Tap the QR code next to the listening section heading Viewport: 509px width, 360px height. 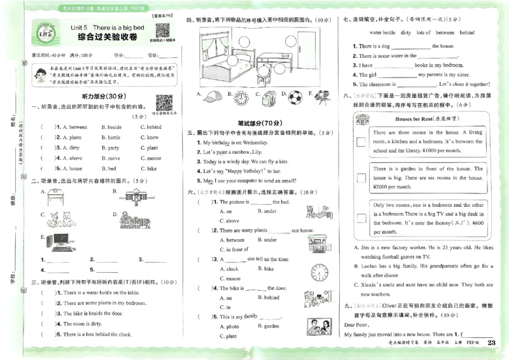[164, 103]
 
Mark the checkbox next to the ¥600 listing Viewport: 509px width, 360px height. [361, 217]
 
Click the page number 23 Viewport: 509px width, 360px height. [491, 343]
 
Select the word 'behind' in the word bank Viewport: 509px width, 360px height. [466, 32]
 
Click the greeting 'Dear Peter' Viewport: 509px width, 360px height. [358, 324]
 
